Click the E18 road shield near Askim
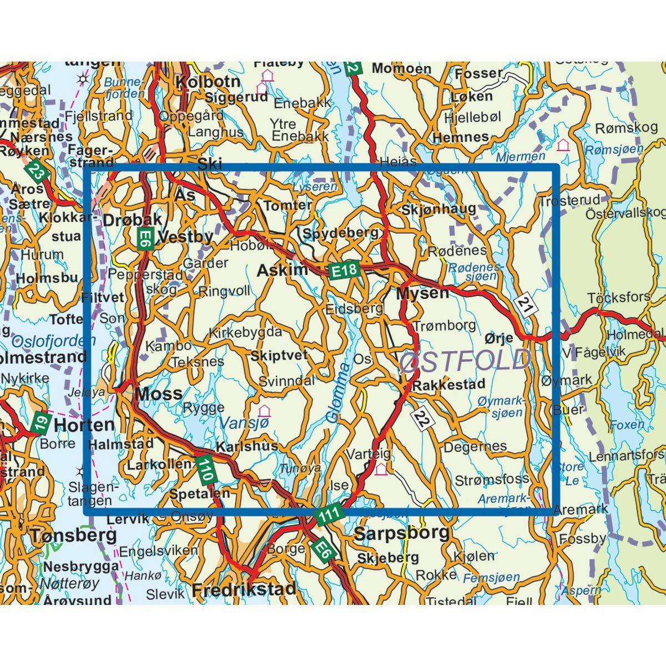click(x=345, y=270)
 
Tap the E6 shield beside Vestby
click(x=145, y=238)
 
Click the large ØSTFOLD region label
click(x=465, y=360)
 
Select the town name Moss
click(x=159, y=394)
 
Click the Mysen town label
click(x=422, y=292)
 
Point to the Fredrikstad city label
click(x=244, y=589)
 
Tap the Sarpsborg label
click(x=401, y=533)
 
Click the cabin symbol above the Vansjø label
click(x=264, y=411)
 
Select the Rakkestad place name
click(x=449, y=384)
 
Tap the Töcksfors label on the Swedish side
click(x=619, y=297)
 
